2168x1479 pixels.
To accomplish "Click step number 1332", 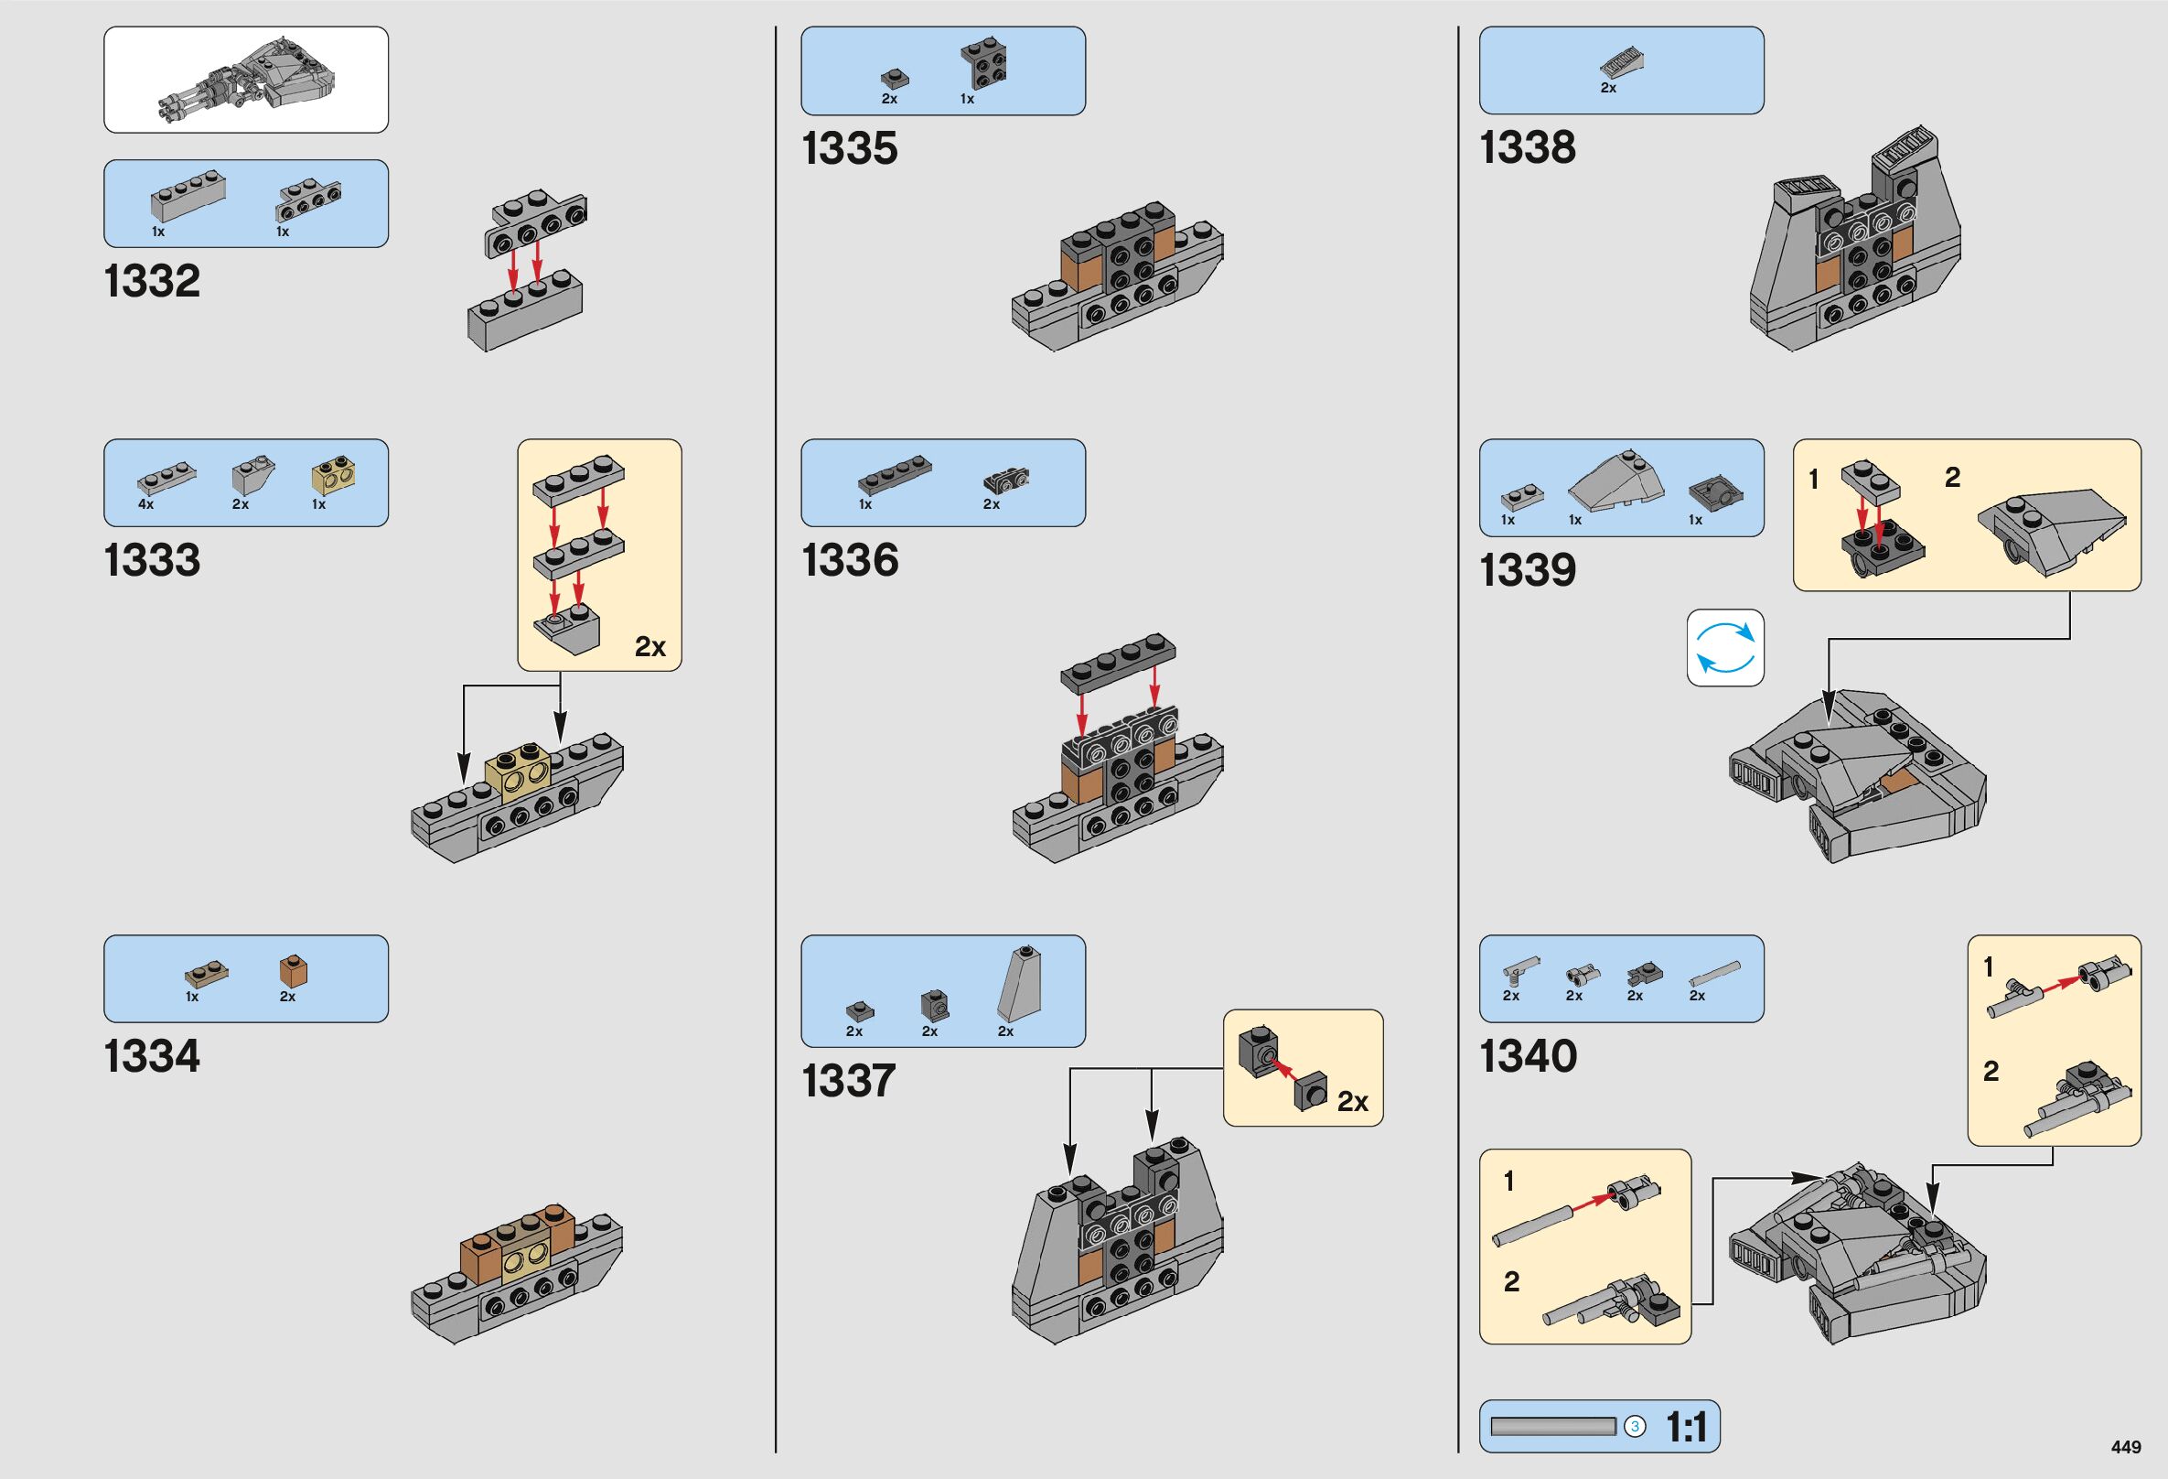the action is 152,282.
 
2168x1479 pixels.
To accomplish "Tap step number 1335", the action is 849,149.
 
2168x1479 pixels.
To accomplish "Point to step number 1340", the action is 1528,1056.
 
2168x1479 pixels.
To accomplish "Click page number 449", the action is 2126,1446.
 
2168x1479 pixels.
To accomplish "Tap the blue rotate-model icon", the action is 1725,648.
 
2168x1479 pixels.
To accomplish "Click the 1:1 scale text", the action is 1687,1427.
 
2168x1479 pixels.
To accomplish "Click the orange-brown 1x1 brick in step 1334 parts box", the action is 293,971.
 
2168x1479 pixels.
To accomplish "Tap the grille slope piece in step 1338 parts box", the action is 1621,63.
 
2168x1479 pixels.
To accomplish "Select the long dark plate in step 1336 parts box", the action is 894,474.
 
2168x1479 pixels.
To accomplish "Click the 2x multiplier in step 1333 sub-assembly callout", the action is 650,647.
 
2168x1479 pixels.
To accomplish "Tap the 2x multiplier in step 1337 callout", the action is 1353,1102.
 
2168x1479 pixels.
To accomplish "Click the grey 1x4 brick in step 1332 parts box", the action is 188,196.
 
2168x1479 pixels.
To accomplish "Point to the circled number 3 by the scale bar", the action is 1635,1427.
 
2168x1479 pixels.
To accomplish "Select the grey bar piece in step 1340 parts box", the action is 1714,974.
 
